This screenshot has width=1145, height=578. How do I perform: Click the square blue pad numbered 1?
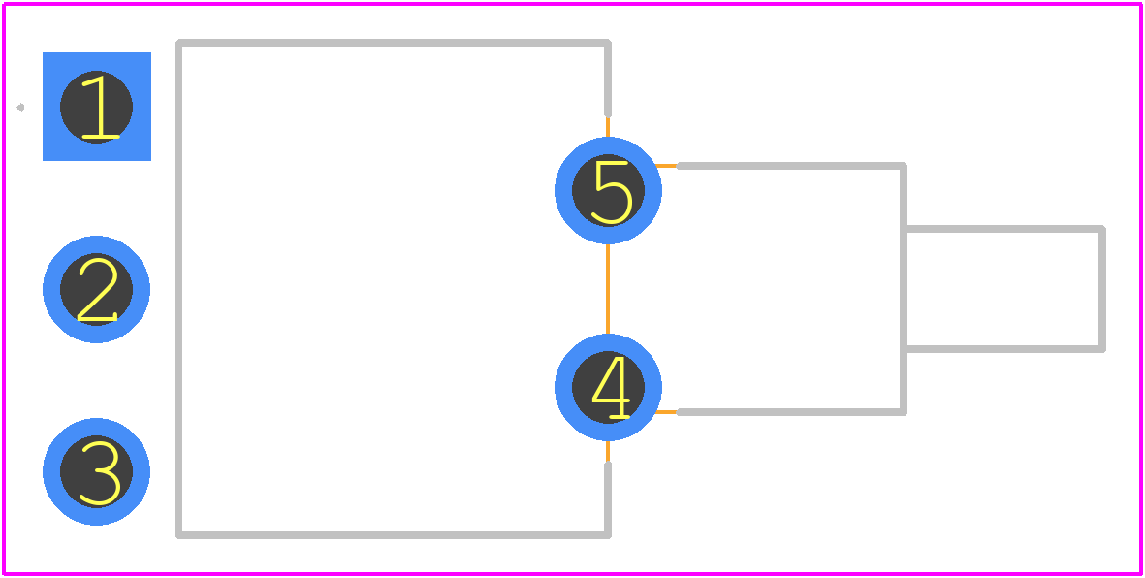tap(96, 107)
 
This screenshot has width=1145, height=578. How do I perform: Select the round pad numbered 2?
tap(96, 289)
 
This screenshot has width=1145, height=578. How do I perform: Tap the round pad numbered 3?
tap(96, 471)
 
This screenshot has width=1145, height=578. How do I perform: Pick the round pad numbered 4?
tap(608, 387)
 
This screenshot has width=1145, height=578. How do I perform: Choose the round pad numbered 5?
tap(608, 191)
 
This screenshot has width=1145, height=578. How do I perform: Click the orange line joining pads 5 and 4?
tap(608, 289)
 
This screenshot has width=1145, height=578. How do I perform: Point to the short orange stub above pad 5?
tap(608, 126)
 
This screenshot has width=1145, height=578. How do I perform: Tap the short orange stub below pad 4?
tap(608, 452)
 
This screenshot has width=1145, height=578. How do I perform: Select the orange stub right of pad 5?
tap(666, 166)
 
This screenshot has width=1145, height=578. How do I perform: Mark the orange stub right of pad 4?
tap(666, 412)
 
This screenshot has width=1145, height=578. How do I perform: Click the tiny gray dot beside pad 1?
tap(21, 108)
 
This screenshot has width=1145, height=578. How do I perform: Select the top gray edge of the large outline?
tap(393, 43)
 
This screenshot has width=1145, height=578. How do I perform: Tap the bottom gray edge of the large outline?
tap(393, 535)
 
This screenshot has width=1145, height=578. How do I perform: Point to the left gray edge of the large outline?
tap(178, 289)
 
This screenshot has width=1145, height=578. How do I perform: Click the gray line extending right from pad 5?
tap(791, 166)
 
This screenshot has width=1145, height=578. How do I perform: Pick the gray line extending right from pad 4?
tap(791, 412)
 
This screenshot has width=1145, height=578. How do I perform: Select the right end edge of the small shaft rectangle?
tap(1102, 289)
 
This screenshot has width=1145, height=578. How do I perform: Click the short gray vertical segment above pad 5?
tap(608, 79)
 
